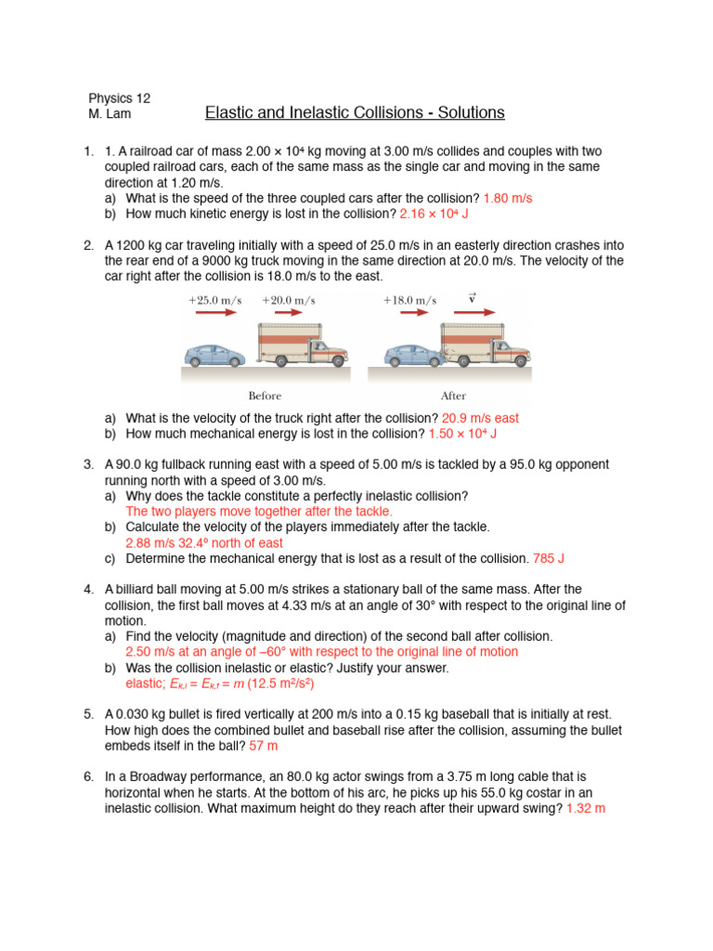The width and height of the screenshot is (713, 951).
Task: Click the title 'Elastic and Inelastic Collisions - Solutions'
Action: point(355,113)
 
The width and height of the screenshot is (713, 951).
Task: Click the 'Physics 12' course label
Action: point(120,98)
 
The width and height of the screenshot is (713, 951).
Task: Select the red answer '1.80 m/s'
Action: point(508,199)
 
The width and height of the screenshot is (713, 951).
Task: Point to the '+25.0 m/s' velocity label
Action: point(214,300)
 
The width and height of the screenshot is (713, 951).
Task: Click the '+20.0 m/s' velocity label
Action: point(288,300)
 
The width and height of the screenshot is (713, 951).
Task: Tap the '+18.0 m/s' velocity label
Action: point(409,300)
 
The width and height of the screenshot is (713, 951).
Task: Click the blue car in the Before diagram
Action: point(214,354)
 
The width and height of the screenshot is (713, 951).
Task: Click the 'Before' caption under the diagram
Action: point(265,396)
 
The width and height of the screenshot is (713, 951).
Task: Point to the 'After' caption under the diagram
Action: point(453,396)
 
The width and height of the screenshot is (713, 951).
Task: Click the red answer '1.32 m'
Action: point(586,808)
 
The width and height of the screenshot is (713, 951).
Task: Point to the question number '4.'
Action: point(88,590)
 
